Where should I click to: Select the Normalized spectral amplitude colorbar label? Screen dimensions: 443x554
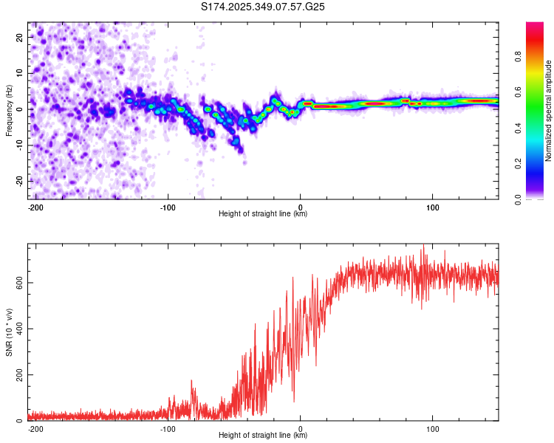[548, 111]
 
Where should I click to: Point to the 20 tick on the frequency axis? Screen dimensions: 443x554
[19, 37]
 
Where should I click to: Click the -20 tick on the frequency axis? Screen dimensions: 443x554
[18, 181]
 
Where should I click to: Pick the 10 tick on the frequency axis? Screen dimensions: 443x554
[19, 73]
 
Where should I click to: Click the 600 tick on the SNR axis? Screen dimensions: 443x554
[16, 283]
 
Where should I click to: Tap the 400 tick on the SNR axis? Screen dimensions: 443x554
[16, 329]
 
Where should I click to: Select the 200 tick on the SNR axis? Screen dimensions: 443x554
[16, 375]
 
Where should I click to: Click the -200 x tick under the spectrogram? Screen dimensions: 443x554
[35, 206]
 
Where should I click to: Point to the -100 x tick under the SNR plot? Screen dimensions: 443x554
[168, 428]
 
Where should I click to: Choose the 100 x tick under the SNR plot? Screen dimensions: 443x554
[432, 428]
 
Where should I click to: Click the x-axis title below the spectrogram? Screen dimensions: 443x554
[263, 214]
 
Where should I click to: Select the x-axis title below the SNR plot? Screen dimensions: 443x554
[263, 436]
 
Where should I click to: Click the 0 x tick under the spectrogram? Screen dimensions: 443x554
[300, 206]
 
